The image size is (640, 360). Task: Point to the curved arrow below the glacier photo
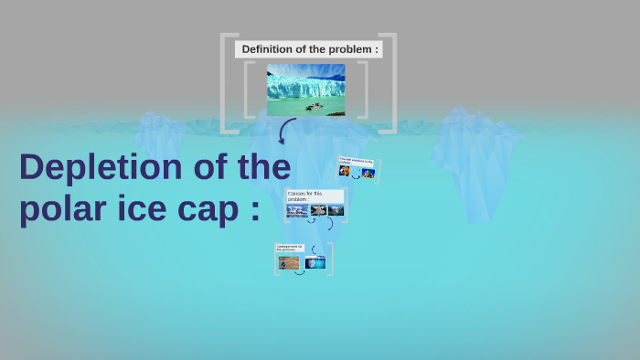pos(286,132)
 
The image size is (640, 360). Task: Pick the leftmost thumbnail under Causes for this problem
pos(297,211)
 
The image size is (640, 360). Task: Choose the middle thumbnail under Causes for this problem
pos(317,210)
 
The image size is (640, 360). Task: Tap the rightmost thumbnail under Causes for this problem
pos(336,210)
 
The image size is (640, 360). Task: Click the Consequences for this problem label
pos(291,248)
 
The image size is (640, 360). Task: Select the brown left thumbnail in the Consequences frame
pos(289,263)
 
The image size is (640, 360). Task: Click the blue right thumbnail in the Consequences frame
pos(315,263)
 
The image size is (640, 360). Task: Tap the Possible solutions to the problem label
pos(357,162)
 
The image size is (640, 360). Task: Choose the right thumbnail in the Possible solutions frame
pos(368,173)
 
